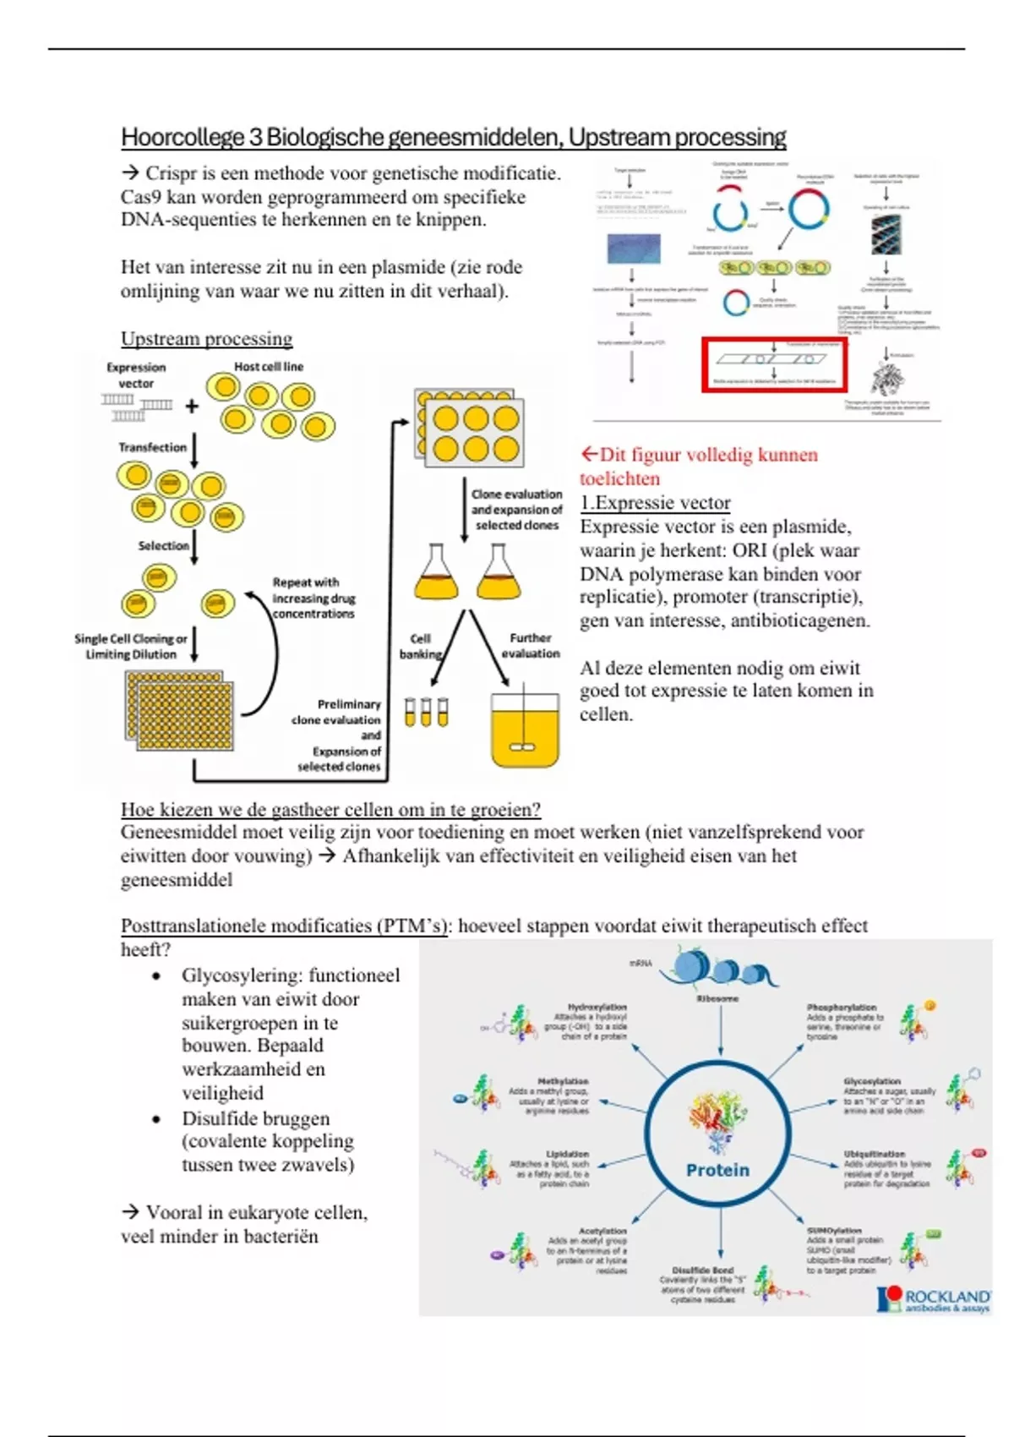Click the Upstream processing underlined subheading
pos(206,339)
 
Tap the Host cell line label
pos(268,367)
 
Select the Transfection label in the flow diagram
pos(152,447)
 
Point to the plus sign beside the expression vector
pos(192,407)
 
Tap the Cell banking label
pos(420,646)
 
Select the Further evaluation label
pos(531,646)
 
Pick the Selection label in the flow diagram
pos(163,546)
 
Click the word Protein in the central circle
pos(717,1170)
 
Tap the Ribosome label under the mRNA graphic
pos(717,998)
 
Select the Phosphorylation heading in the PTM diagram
pos(842,1008)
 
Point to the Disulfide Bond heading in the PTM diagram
pos(703,1270)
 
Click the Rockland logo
pos(934,1299)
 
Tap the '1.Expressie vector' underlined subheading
pos(655,503)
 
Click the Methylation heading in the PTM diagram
pos(564,1081)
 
